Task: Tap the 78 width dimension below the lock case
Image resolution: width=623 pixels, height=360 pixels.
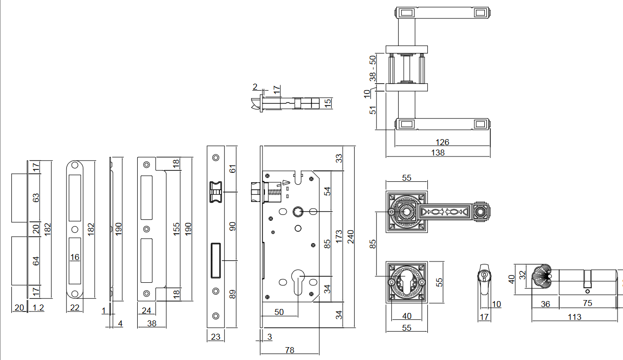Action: [290, 350]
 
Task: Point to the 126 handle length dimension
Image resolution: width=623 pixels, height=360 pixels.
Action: [442, 142]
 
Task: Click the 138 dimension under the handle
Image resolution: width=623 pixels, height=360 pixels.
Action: [438, 153]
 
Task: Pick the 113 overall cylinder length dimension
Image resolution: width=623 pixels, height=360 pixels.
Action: [574, 317]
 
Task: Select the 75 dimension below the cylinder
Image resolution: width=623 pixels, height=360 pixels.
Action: [587, 304]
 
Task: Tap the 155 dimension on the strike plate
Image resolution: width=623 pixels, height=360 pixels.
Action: [177, 228]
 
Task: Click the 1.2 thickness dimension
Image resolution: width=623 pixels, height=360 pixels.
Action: [38, 308]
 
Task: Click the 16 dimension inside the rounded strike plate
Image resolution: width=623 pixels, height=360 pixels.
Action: [75, 257]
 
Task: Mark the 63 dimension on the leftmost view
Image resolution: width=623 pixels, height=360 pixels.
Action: [35, 198]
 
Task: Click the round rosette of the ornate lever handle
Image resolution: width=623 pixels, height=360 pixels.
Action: [406, 212]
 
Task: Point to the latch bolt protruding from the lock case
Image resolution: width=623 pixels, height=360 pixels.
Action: [255, 191]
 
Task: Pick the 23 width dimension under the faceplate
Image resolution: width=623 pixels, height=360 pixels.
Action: [215, 337]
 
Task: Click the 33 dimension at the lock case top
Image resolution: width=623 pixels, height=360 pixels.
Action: [339, 158]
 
